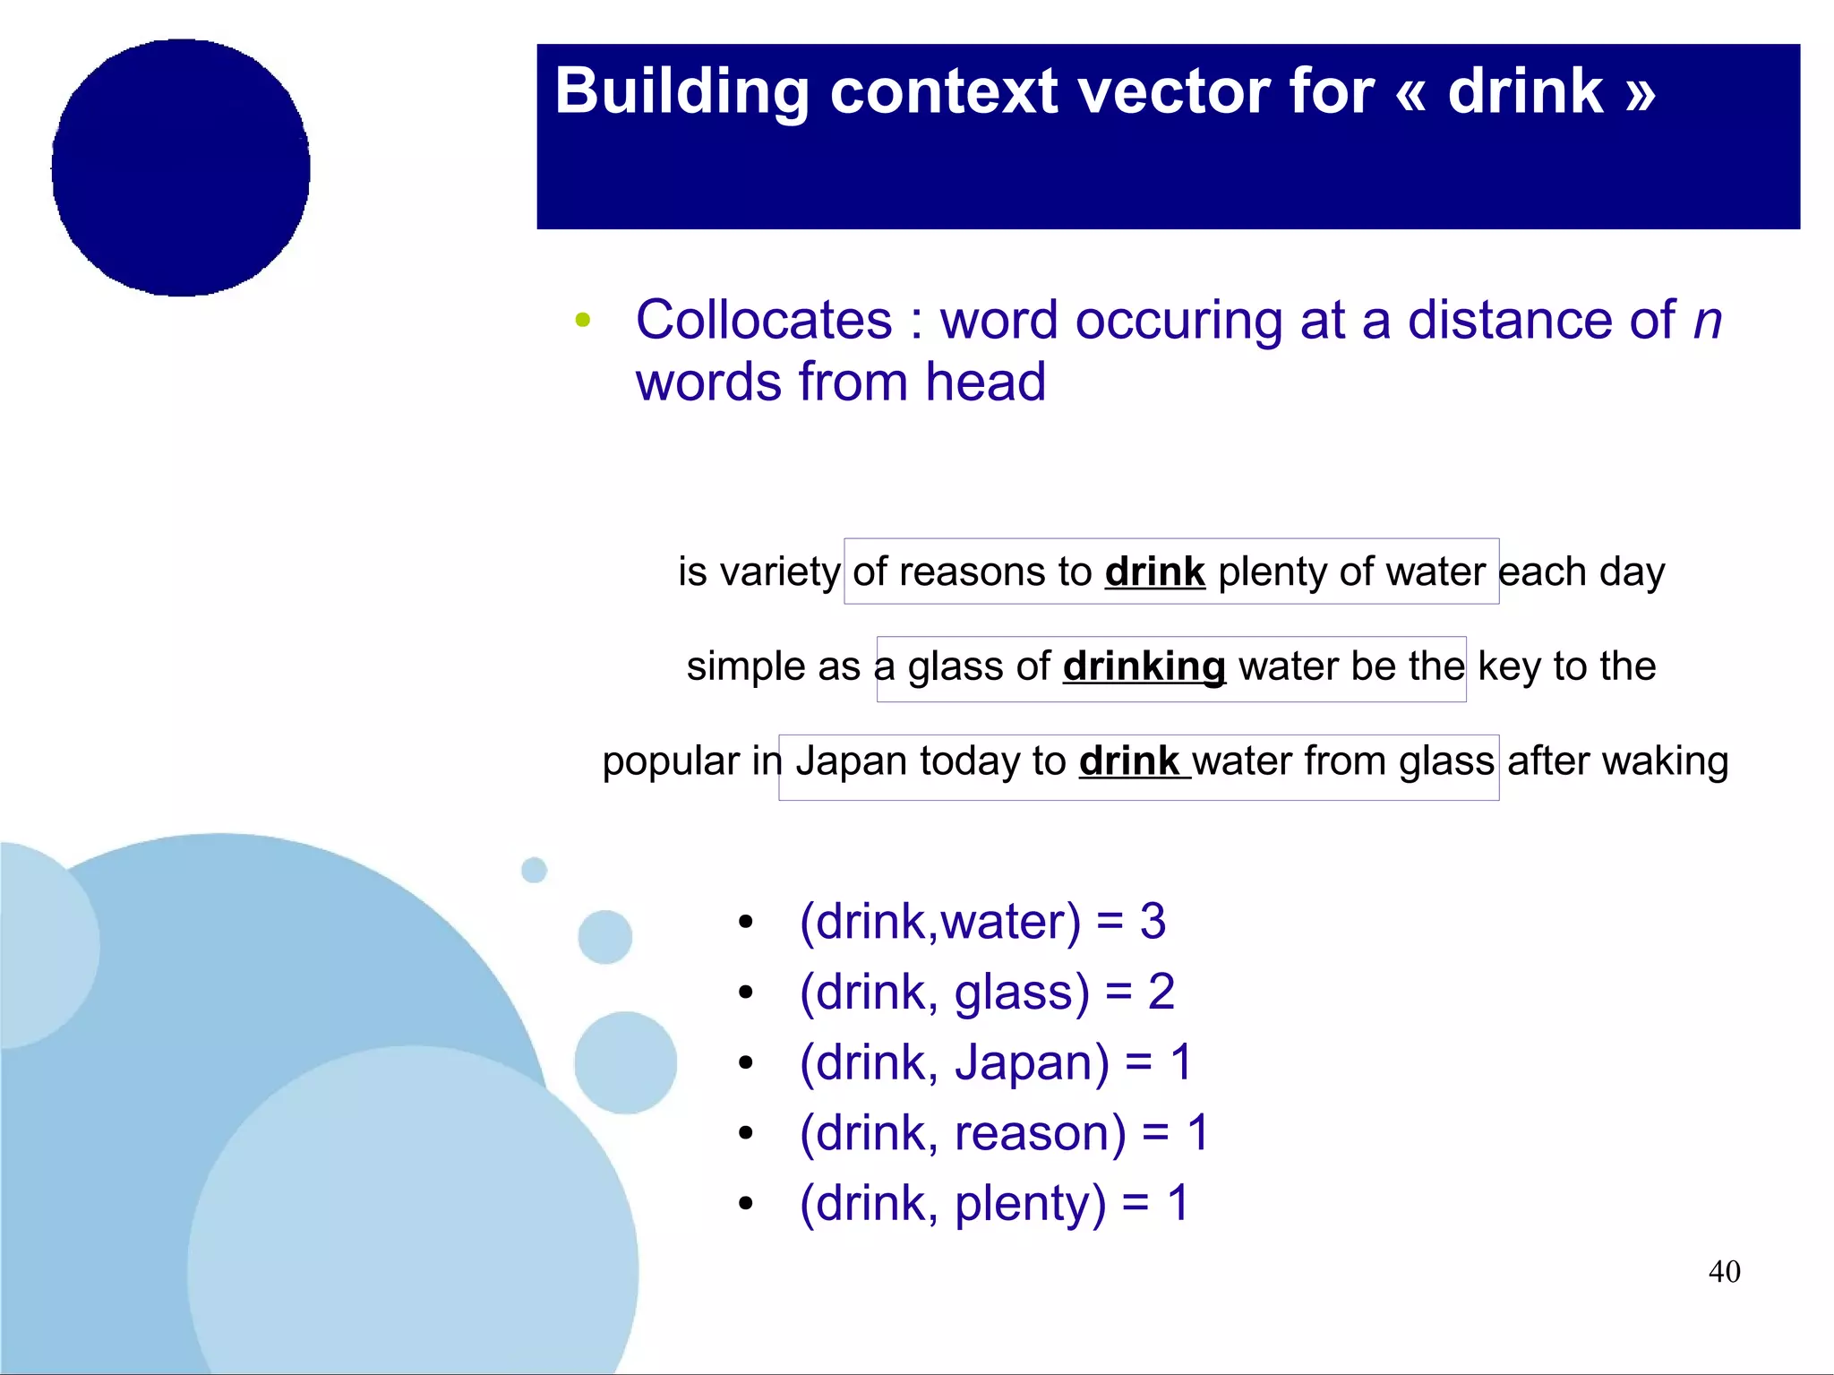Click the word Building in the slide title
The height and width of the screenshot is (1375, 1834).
click(681, 92)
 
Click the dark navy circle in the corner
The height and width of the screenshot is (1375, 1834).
click(181, 168)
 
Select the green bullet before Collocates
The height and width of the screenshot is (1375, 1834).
click(583, 320)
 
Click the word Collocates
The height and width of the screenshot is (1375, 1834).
click(764, 320)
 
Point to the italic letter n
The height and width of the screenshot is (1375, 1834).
click(1707, 322)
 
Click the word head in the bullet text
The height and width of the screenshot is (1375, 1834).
click(985, 382)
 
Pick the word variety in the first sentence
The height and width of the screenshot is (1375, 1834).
click(780, 572)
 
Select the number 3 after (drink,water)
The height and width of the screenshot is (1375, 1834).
click(1153, 922)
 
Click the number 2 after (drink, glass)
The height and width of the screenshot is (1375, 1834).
click(1161, 993)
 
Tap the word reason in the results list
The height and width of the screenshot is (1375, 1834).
click(1040, 1133)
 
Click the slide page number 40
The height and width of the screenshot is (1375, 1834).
click(1724, 1271)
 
